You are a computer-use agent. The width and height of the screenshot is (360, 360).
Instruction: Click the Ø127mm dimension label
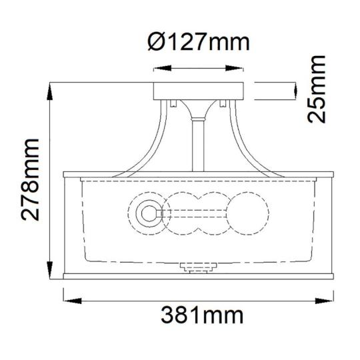click(x=199, y=42)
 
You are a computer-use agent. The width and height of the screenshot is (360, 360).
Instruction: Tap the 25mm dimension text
click(x=317, y=89)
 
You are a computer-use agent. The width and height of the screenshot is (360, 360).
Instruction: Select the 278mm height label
click(x=30, y=179)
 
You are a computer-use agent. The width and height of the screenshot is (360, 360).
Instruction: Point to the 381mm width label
click(x=202, y=315)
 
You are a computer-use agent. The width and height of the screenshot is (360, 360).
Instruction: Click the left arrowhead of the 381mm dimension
click(x=72, y=301)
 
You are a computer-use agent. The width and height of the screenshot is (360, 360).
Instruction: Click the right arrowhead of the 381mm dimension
click(x=325, y=301)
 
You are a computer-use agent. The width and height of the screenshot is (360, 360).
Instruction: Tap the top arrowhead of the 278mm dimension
click(x=50, y=91)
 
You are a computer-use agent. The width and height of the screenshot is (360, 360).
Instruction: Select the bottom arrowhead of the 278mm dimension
click(x=50, y=270)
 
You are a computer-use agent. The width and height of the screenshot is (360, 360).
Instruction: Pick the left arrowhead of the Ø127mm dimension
click(x=162, y=68)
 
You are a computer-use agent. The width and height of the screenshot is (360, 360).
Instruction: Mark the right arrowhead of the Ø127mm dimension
click(x=234, y=68)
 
